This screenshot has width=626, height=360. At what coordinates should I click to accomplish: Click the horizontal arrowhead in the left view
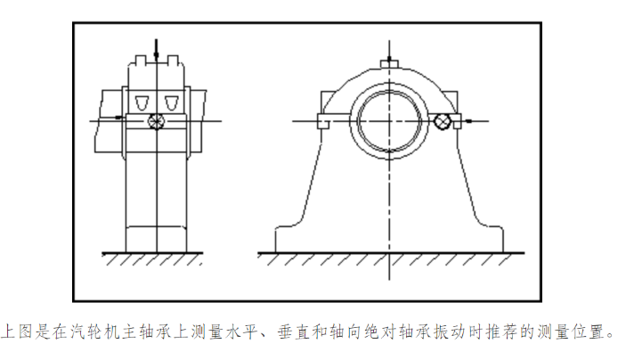120,117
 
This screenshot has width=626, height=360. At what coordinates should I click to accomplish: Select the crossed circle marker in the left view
157,120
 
